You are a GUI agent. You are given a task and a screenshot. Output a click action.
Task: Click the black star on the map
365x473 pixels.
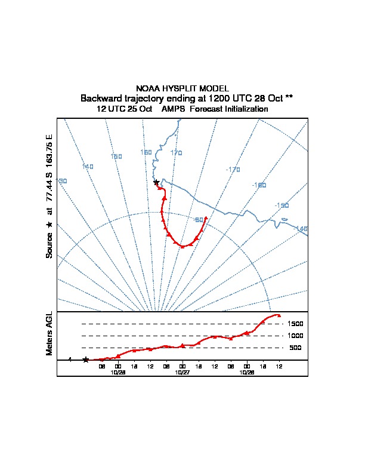[156, 182]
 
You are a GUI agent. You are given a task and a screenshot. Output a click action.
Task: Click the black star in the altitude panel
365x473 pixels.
[86, 360]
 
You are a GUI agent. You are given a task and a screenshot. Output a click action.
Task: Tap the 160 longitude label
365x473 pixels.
[146, 152]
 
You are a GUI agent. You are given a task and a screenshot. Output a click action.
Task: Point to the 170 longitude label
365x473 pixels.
[176, 153]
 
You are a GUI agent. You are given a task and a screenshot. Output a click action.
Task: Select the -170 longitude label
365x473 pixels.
[233, 170]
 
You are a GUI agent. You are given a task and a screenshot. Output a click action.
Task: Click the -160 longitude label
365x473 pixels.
[259, 185]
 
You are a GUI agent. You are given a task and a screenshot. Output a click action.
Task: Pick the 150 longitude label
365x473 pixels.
[116, 156]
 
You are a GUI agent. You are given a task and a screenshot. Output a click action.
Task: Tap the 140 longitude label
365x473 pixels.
[88, 167]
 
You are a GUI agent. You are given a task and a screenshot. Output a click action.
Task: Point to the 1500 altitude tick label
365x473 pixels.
[296, 324]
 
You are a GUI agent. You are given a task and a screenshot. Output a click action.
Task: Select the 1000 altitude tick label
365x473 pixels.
[296, 336]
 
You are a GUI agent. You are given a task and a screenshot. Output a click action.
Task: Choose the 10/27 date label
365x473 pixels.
[182, 371]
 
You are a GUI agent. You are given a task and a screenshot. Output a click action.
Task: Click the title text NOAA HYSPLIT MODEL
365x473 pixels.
[182, 88]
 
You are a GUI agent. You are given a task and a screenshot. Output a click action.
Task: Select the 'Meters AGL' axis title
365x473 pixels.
[50, 333]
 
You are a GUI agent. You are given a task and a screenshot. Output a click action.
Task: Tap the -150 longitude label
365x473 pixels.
[282, 205]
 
